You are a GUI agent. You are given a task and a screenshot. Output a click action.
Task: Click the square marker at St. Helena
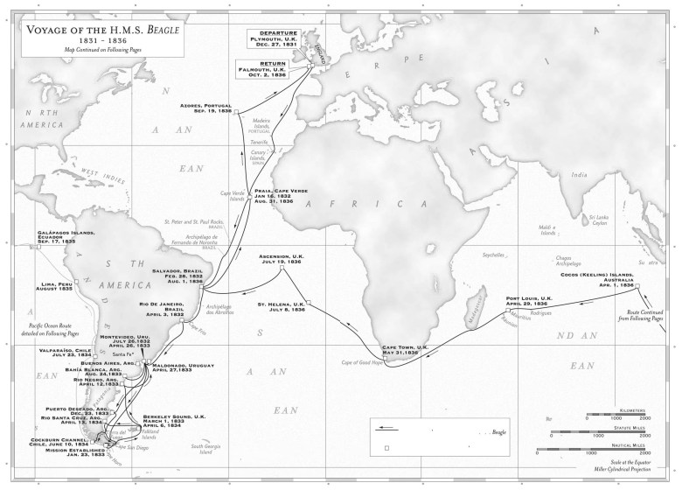coord(310,304)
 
